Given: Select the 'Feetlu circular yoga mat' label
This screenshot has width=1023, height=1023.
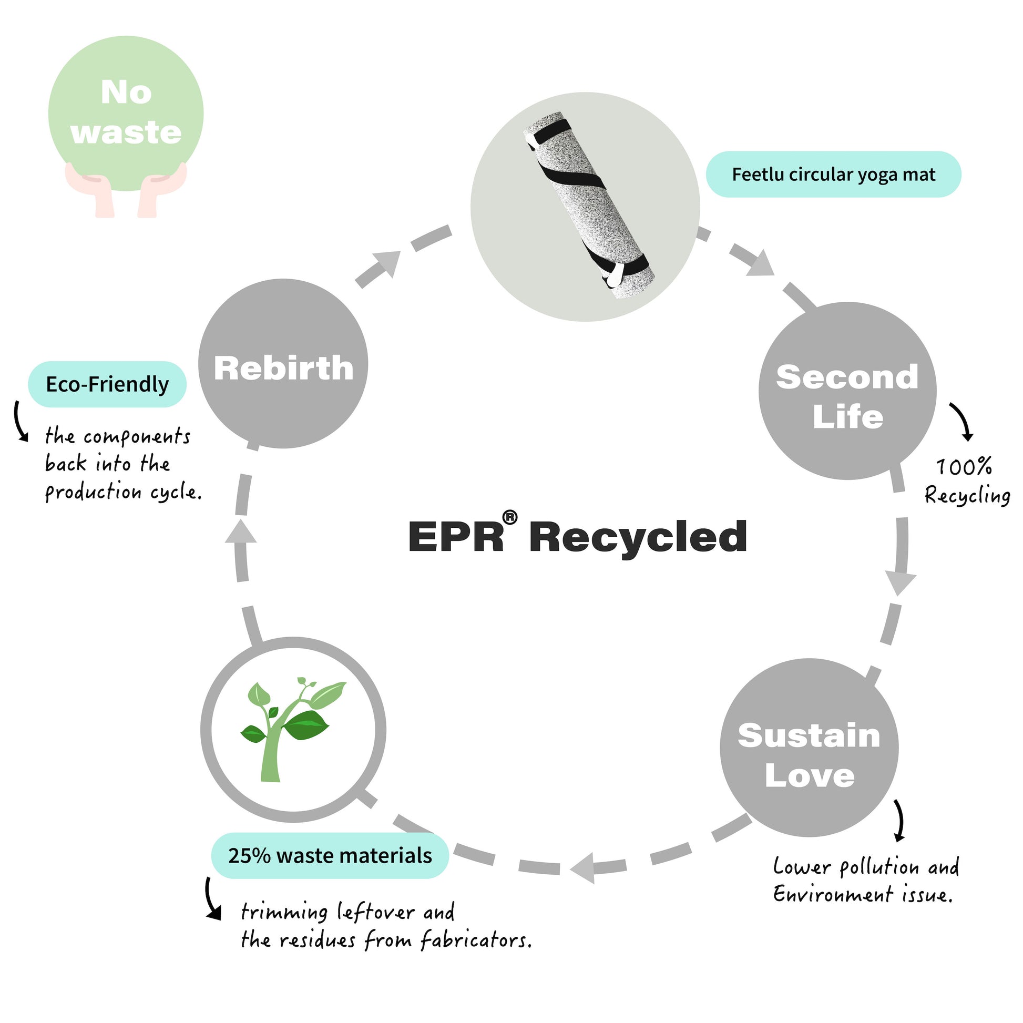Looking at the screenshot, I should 833,174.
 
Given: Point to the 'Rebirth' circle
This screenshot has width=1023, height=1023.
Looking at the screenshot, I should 283,364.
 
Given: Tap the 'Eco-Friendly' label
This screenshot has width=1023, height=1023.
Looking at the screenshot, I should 107,384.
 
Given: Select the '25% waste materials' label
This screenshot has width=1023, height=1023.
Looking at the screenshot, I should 330,855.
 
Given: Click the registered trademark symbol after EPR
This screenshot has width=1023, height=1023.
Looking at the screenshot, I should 509,517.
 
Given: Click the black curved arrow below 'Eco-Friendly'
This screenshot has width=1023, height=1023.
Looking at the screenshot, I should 19,422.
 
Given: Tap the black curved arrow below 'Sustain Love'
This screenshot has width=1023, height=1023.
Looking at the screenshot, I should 898,820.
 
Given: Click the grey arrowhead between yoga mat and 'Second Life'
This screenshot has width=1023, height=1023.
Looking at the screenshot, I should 760,263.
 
